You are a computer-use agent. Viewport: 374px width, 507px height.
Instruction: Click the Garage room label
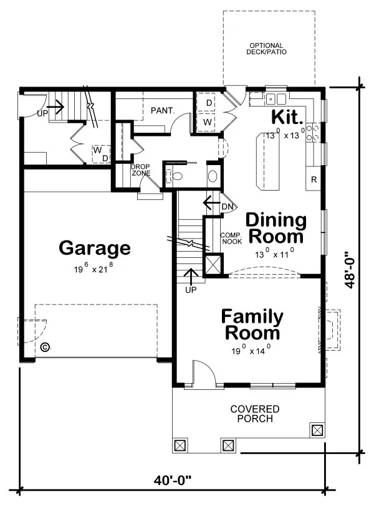pyautogui.click(x=95, y=249)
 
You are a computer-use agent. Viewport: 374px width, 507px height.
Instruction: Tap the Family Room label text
pyautogui.click(x=252, y=325)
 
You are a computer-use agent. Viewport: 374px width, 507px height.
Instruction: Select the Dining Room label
pyautogui.click(x=276, y=228)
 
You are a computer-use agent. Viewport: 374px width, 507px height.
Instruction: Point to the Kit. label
pyautogui.click(x=287, y=117)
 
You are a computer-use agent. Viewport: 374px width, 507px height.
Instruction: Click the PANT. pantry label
pyautogui.click(x=162, y=111)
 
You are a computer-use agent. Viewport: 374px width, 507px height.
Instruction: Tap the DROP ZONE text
pyautogui.click(x=140, y=170)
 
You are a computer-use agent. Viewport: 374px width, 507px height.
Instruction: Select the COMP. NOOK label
pyautogui.click(x=231, y=238)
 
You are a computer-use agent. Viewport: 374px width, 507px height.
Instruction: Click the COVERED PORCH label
pyautogui.click(x=255, y=414)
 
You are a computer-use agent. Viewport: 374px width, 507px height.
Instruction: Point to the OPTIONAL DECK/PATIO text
pyautogui.click(x=266, y=49)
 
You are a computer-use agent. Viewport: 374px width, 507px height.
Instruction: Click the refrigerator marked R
pyautogui.click(x=314, y=179)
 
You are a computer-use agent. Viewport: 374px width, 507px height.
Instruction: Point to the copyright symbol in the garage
pyautogui.click(x=45, y=348)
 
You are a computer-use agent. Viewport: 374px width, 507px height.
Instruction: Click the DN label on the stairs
pyautogui.click(x=228, y=206)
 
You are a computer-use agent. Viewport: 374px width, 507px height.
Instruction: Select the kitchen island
pyautogui.click(x=271, y=162)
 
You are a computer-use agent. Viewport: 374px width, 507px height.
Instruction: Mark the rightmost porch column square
pyautogui.click(x=317, y=430)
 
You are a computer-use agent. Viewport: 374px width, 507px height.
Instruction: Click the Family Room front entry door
pyautogui.click(x=203, y=374)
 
